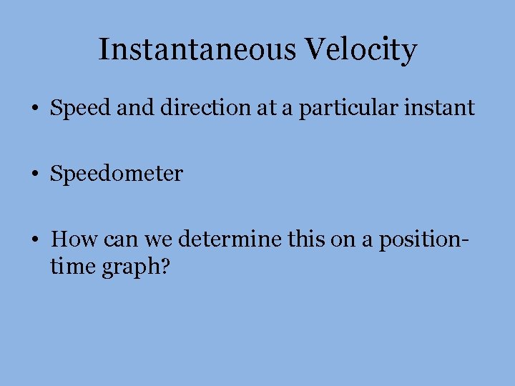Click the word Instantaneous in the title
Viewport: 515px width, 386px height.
pos(198,50)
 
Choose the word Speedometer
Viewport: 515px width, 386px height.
pos(117,174)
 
